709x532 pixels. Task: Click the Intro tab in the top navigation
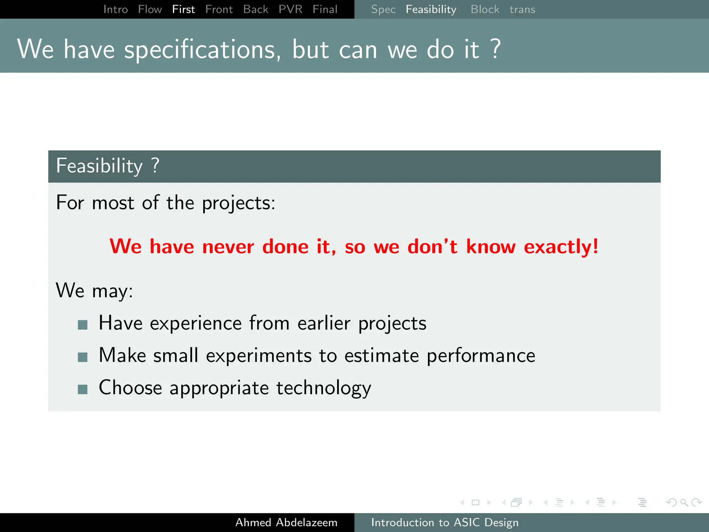[x=116, y=9]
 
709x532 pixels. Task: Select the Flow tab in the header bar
[x=150, y=9]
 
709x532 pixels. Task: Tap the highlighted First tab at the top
[x=183, y=9]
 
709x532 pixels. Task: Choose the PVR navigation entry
[x=290, y=9]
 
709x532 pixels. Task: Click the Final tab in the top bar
[x=325, y=9]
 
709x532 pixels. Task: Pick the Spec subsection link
[x=383, y=9]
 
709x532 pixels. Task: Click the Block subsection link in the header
[x=485, y=9]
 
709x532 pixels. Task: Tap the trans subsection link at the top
[x=522, y=9]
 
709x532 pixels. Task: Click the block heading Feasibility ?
[x=108, y=166]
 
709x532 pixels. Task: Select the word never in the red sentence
[x=228, y=247]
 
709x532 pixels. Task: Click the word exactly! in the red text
[x=561, y=247]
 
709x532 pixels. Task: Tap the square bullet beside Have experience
[x=82, y=325]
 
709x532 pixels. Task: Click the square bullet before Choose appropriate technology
[x=82, y=389]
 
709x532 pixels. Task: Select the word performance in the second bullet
[x=481, y=356]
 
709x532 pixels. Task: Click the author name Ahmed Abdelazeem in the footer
[x=286, y=522]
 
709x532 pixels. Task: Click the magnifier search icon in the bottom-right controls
[x=684, y=502]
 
